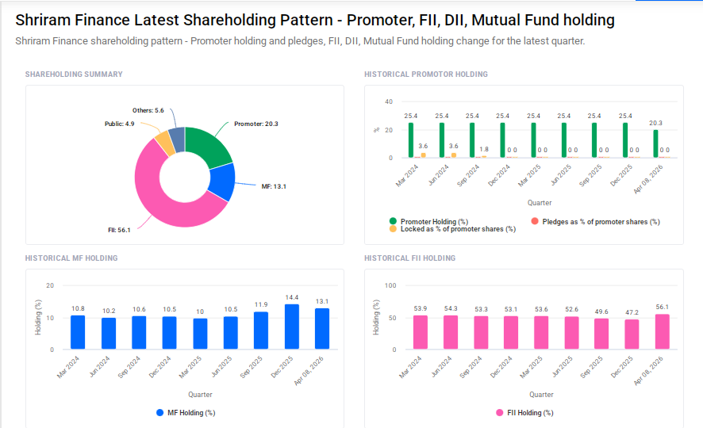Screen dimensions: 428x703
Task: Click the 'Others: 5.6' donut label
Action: pyautogui.click(x=148, y=110)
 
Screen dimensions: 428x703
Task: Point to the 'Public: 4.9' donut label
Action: pyautogui.click(x=119, y=124)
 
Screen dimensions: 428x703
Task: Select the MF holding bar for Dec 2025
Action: pyautogui.click(x=292, y=327)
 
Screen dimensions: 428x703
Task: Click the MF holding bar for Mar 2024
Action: pyautogui.click(x=78, y=332)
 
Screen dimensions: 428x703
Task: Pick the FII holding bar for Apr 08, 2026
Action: pyautogui.click(x=662, y=331)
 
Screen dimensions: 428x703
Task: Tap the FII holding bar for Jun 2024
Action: pyautogui.click(x=451, y=332)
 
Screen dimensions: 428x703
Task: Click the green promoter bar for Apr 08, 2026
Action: pyautogui.click(x=655, y=143)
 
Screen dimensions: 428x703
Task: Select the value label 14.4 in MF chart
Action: pyautogui.click(x=292, y=297)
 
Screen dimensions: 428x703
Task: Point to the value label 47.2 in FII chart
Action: pyautogui.click(x=632, y=312)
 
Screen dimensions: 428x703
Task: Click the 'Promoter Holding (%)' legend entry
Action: pyautogui.click(x=433, y=221)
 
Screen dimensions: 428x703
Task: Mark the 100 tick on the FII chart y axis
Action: pyautogui.click(x=390, y=285)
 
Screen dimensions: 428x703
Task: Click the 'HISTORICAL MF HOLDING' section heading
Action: pyautogui.click(x=71, y=258)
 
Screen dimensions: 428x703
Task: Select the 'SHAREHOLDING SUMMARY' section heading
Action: pyautogui.click(x=74, y=75)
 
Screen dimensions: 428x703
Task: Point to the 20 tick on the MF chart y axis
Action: pyautogui.click(x=51, y=285)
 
